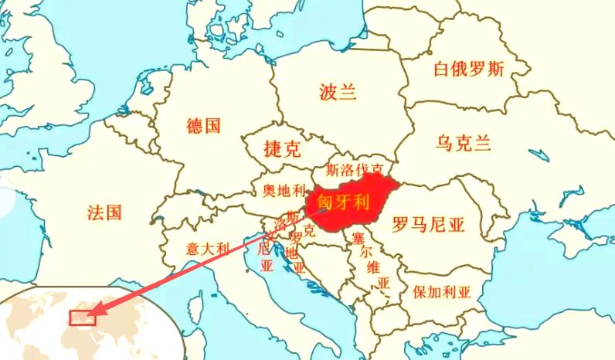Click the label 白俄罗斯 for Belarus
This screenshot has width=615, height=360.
pos(468,70)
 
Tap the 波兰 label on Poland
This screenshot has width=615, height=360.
pos(338,93)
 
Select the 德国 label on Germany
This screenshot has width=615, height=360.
pos(204,125)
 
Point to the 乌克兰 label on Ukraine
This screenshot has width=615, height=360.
pos(464,143)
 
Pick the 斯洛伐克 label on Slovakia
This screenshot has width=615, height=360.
pos(355,168)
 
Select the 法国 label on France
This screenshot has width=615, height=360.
pos(104,212)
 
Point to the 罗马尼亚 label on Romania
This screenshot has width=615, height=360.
pos(428,225)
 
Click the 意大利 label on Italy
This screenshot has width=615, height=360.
pos(208,248)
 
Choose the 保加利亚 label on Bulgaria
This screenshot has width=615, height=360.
pos(441,292)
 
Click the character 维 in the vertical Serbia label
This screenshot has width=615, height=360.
pos(374,267)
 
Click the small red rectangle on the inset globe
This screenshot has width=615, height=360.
pos(81,318)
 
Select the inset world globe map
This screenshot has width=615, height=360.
pos(85,324)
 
